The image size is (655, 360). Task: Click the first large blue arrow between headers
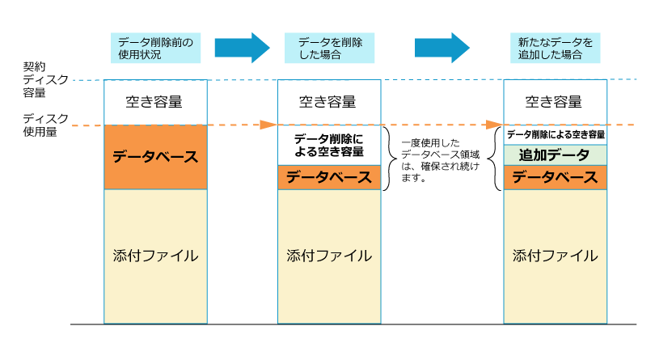click(x=241, y=48)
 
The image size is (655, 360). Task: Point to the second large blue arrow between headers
click(x=442, y=48)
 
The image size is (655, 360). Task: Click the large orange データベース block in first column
click(x=155, y=157)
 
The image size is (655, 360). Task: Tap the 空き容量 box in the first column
click(x=155, y=102)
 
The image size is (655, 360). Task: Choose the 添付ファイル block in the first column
click(x=155, y=256)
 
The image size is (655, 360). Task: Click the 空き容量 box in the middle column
click(x=329, y=102)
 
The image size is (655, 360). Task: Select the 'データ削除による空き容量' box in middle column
click(x=329, y=146)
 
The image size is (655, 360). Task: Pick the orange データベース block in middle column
click(x=329, y=178)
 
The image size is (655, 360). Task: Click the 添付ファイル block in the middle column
click(x=329, y=256)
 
